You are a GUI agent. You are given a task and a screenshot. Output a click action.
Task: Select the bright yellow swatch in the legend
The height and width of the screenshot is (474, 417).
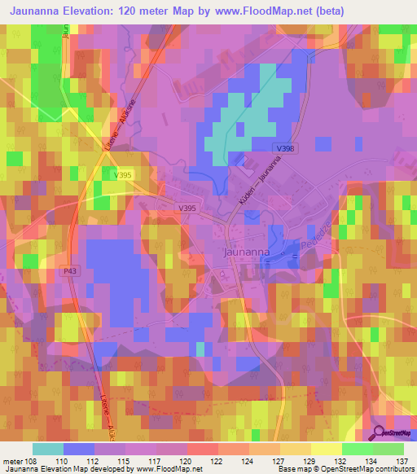click(x=326, y=449)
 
